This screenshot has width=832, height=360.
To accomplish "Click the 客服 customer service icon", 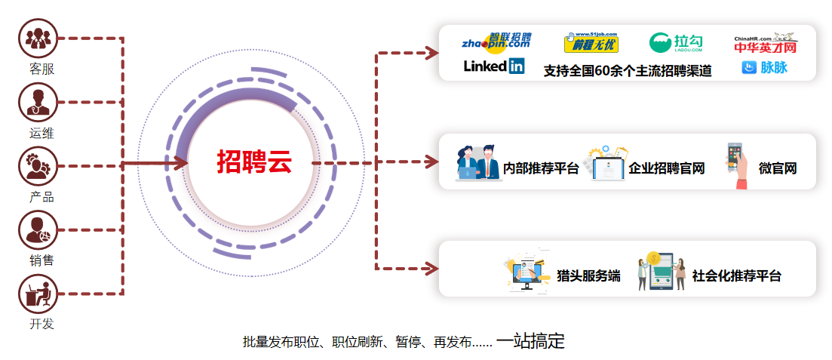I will tap(38, 39).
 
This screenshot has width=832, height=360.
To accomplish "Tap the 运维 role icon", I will tap(38, 103).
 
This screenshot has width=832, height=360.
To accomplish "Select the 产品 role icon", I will tap(38, 166).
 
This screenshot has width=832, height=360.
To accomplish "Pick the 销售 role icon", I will tap(38, 230).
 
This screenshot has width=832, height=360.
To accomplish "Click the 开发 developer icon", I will tap(38, 294).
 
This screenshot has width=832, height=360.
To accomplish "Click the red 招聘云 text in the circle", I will tap(254, 162).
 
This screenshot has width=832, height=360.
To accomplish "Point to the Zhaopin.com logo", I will tap(496, 42).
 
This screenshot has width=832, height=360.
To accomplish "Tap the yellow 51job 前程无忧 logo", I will tap(591, 43).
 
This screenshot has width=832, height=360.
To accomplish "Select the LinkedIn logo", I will tap(494, 66).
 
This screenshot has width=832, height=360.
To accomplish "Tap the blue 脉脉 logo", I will tap(765, 68).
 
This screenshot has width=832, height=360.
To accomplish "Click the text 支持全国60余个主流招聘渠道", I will tap(628, 72).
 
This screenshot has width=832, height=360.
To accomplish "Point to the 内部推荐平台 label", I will tap(541, 168).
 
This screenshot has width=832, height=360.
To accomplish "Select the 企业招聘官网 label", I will tap(667, 168).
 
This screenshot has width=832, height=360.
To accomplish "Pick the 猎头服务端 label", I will tap(588, 275).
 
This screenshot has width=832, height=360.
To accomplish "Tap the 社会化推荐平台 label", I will tap(737, 275).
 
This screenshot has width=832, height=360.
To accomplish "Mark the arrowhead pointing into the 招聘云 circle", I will tap(181, 162).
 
